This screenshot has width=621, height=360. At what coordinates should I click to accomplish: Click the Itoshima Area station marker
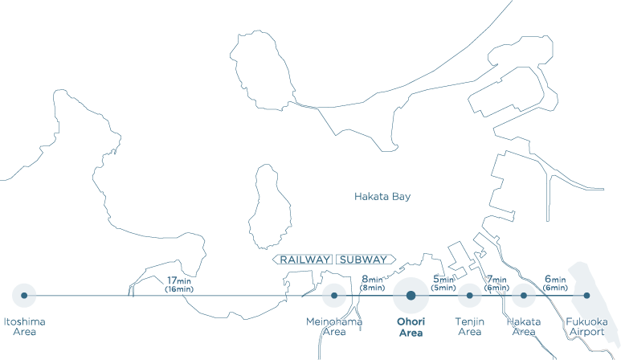click(x=24, y=296)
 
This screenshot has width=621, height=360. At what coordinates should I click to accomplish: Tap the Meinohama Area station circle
click(x=334, y=296)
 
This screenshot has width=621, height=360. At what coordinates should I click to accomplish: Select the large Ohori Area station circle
click(x=411, y=296)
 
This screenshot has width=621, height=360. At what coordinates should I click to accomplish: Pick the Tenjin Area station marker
click(x=469, y=296)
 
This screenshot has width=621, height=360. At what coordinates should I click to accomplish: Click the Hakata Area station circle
click(x=524, y=296)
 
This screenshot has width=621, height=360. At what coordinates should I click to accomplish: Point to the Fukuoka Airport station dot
click(x=586, y=296)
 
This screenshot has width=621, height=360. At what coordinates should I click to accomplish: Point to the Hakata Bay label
click(x=382, y=196)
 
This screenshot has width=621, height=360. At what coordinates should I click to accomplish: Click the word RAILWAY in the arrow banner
click(x=306, y=260)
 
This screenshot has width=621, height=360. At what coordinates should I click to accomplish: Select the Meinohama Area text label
click(x=334, y=326)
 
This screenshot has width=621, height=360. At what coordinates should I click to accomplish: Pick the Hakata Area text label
click(x=524, y=326)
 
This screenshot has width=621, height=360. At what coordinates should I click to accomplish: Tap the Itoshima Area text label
click(x=24, y=326)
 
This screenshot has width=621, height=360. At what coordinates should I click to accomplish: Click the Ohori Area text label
click(x=411, y=326)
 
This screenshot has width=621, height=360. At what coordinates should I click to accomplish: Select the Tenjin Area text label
click(x=469, y=326)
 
